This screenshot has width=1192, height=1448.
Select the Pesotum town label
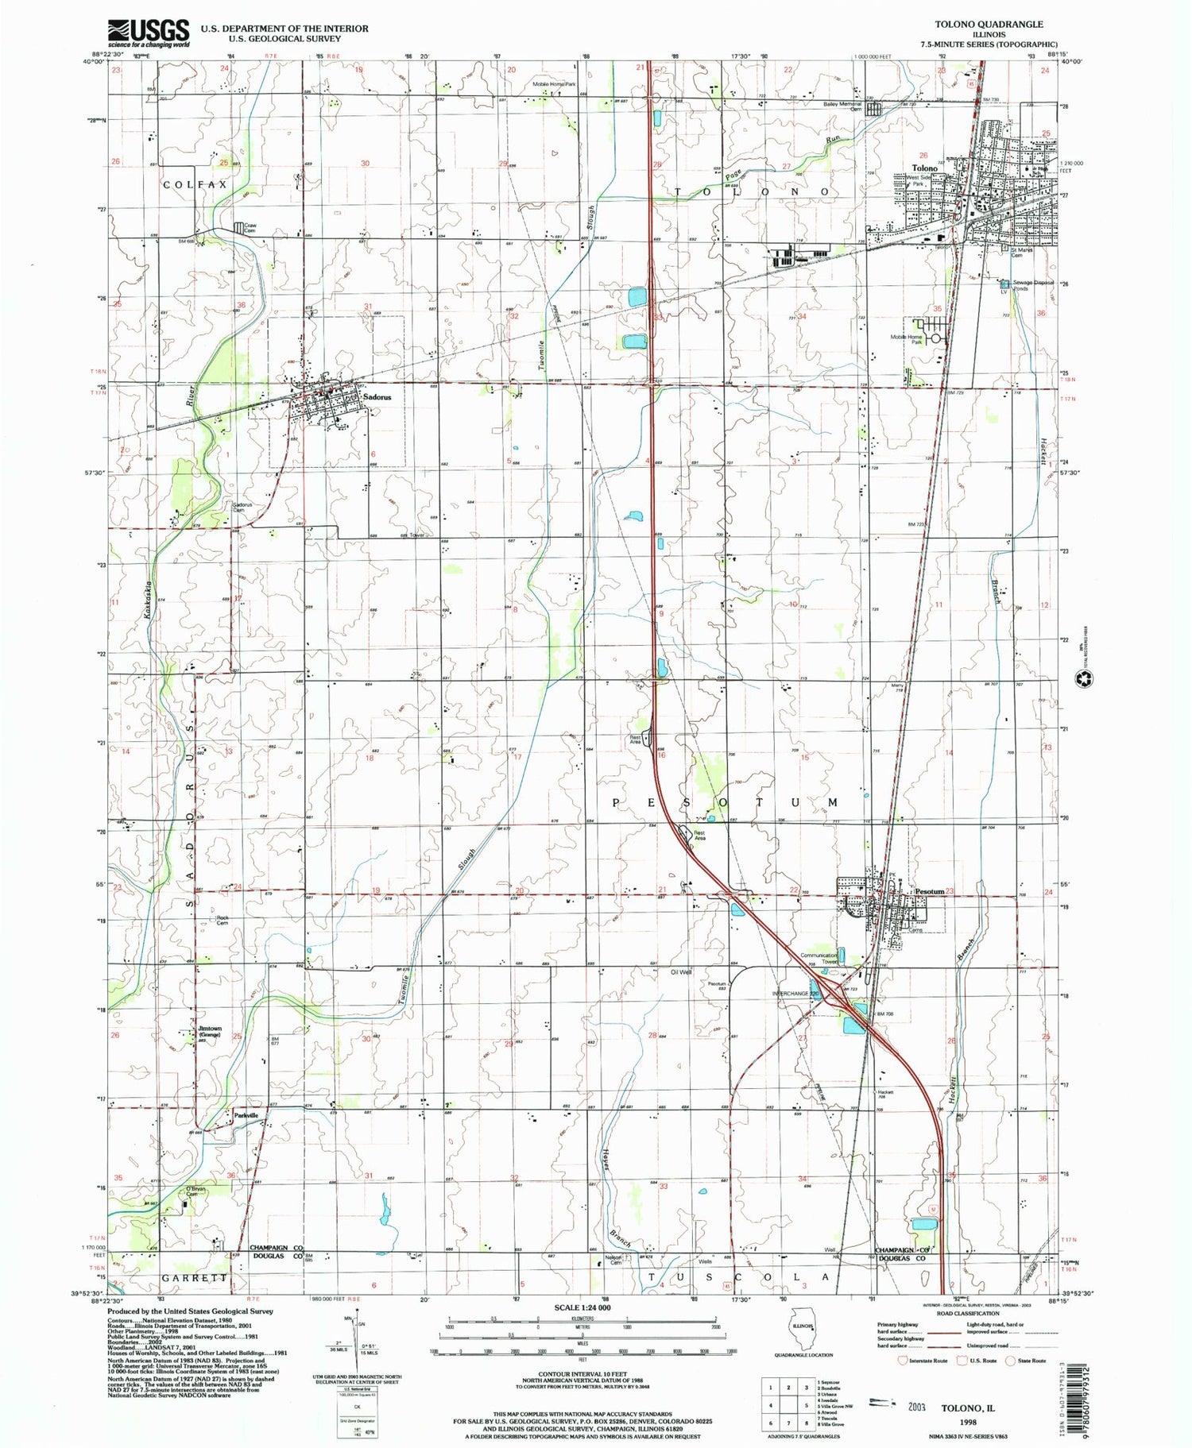coord(927,891)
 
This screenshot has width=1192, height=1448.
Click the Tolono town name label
coord(924,168)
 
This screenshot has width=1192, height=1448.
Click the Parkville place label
coord(246,1115)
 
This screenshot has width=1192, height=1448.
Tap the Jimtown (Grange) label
coord(210,1032)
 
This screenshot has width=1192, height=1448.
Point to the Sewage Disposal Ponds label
coord(1033,284)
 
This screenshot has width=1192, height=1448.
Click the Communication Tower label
coord(819,959)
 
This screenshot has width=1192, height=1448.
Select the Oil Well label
coord(681,971)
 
